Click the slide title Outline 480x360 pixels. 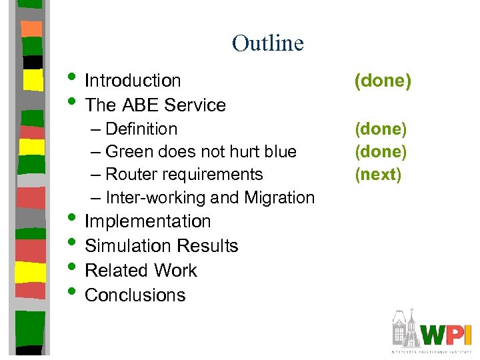[267, 43]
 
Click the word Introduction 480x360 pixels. [133, 81]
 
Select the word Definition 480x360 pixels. [141, 129]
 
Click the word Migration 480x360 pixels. [279, 197]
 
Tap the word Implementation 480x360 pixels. [147, 221]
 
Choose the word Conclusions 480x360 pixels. [135, 295]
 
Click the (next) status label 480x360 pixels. [378, 174]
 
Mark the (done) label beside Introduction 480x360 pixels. [383, 81]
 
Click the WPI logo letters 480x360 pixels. [447, 333]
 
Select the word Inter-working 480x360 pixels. [155, 197]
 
